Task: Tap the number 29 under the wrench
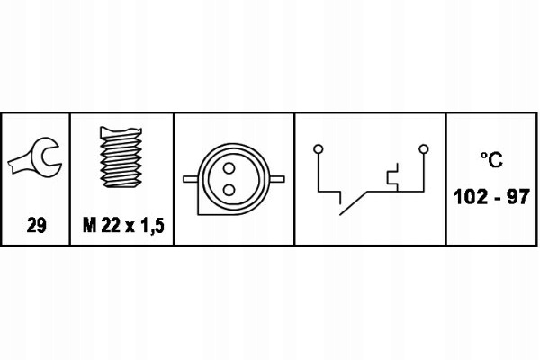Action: point(36,226)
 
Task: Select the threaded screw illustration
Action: point(121,157)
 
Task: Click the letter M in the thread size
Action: point(89,226)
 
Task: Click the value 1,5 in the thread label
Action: point(152,226)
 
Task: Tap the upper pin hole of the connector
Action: point(229,168)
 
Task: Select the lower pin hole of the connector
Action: point(229,190)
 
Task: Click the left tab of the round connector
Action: point(191,179)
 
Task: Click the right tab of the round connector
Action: point(277,179)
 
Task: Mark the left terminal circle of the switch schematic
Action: point(319,149)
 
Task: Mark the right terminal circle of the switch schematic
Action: point(424,149)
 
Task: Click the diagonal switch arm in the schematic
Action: point(354,203)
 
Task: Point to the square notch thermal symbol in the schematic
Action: point(393,177)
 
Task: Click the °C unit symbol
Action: point(491,160)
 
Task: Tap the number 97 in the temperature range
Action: point(517,197)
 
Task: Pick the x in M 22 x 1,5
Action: point(130,228)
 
